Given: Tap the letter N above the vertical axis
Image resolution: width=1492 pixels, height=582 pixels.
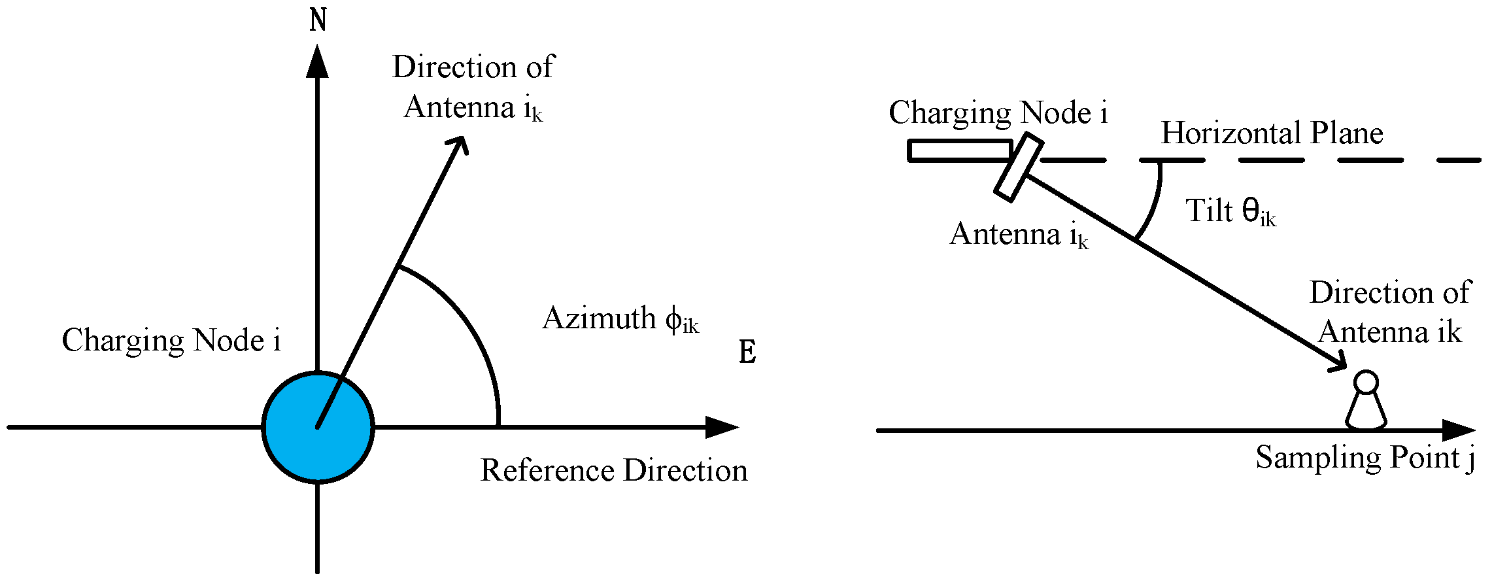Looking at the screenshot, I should [318, 20].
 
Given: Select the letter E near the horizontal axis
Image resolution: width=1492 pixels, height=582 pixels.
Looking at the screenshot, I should [747, 352].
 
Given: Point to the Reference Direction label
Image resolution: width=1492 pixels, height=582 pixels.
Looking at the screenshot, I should [613, 470].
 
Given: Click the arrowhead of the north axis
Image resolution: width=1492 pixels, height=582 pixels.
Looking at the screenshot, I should [318, 62].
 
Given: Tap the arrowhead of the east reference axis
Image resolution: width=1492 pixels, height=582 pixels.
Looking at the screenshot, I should [722, 427].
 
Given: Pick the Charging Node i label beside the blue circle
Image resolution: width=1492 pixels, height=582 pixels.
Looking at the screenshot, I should [171, 340].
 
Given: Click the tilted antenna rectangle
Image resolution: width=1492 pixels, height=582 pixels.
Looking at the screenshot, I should [1018, 167].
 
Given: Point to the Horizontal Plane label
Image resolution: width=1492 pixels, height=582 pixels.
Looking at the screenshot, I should [1272, 133].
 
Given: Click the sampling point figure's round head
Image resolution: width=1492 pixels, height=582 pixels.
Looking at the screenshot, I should [1366, 382].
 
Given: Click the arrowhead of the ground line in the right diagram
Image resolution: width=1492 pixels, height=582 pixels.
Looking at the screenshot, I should [1459, 430].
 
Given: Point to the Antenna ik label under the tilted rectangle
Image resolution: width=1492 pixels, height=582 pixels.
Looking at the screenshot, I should [1019, 235].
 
